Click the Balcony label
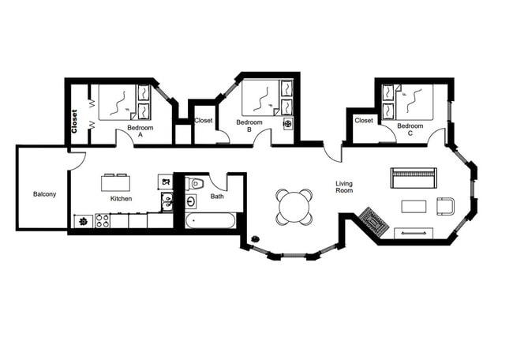(x=44, y=194)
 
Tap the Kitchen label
(x=121, y=198)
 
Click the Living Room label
(x=344, y=187)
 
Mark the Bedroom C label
(x=410, y=129)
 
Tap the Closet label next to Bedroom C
(x=364, y=121)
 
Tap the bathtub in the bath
(x=211, y=220)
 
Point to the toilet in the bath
(x=196, y=184)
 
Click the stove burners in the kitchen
(x=103, y=221)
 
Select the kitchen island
(x=115, y=182)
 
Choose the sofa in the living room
(x=413, y=177)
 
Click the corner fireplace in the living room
(x=374, y=221)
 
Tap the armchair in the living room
(x=445, y=206)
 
